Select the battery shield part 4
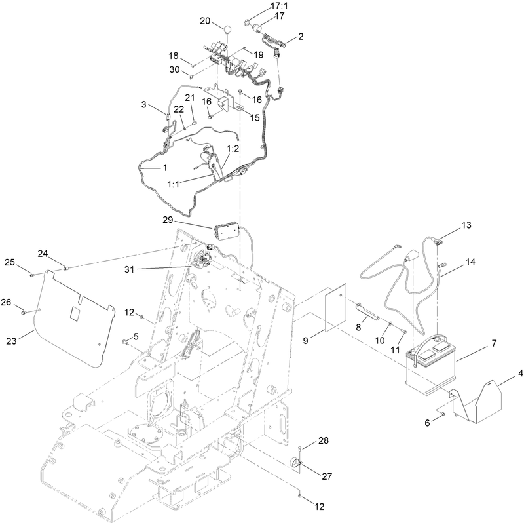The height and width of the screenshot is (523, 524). [x=481, y=402]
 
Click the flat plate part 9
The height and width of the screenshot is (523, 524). [x=339, y=309]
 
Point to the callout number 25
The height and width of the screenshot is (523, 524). [x=9, y=262]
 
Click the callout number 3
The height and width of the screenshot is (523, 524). [x=143, y=104]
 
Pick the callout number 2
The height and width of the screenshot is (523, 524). [x=301, y=37]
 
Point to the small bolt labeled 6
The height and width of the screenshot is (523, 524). [x=443, y=415]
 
